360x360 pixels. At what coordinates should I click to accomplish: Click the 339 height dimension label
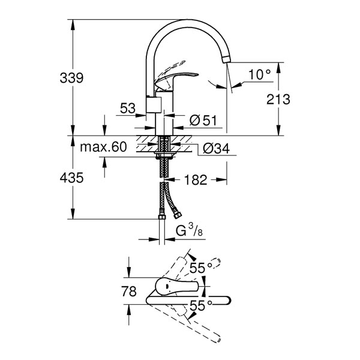point(71,78)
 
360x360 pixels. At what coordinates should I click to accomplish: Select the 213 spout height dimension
point(278,100)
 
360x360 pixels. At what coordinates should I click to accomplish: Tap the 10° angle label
point(259,74)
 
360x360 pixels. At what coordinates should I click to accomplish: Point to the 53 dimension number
point(128,108)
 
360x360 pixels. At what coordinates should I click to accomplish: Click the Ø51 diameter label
point(203,121)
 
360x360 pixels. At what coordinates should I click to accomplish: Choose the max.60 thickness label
point(103,147)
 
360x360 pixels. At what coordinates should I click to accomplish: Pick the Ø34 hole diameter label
point(216,149)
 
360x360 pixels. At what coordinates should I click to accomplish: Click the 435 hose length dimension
point(71,178)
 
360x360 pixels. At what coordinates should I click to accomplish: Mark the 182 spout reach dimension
point(196,180)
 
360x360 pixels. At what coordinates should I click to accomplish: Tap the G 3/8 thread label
point(189,230)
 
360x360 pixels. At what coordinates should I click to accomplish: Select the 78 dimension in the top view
point(129,292)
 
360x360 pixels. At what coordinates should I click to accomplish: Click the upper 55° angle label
point(201,268)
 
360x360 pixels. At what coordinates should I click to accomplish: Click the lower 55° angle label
point(201,305)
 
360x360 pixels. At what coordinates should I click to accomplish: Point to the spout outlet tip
point(226,59)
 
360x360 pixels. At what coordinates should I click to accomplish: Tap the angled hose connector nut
point(178,215)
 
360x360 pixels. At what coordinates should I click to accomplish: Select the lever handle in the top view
point(176,287)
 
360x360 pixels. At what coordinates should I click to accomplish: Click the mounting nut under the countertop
point(164,155)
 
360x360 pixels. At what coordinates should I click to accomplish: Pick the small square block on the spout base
point(154,104)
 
